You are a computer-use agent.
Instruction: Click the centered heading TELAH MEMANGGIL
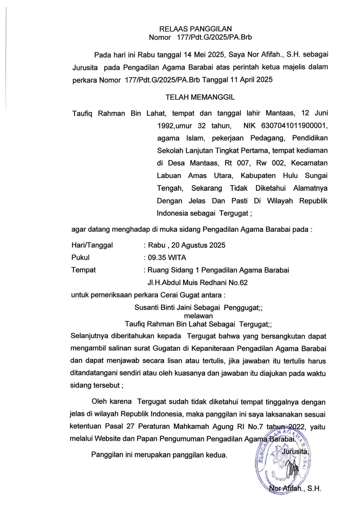coord(200,97)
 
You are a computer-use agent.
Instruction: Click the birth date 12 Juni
coord(314,113)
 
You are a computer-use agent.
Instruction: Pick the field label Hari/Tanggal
coord(92,245)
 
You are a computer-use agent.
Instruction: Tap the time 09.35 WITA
coord(167,258)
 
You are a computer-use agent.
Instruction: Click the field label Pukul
coord(80,258)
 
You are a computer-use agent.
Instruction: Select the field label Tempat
coord(83,270)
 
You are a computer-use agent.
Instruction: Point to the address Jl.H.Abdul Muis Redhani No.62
coord(197,283)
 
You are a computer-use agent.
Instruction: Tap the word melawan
coord(198,316)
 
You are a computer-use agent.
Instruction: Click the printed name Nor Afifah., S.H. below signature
coord(294,489)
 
